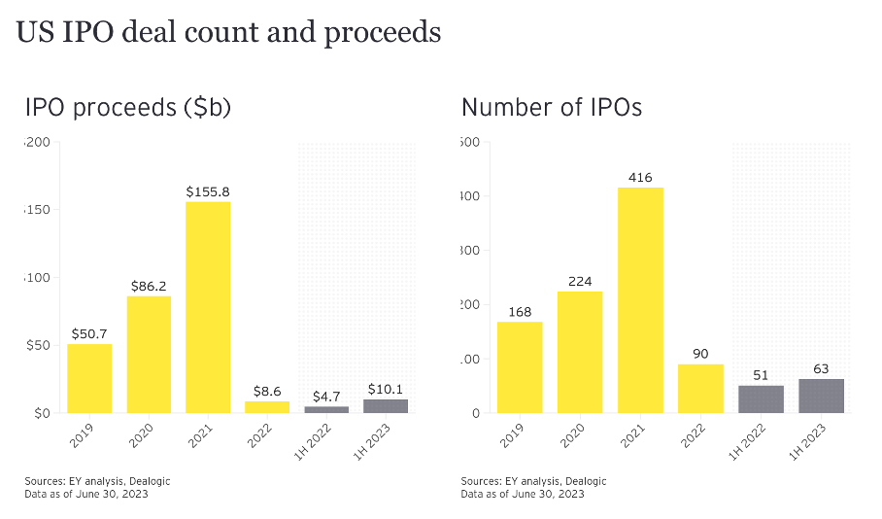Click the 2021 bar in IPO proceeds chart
208,307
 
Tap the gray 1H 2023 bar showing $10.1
386,406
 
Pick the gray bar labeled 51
761,399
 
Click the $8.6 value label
267,390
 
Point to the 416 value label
640,177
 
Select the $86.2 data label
149,286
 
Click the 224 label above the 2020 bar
580,281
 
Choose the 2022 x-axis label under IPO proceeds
259,436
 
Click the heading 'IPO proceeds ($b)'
127,108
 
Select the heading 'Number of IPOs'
552,108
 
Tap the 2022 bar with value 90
700,389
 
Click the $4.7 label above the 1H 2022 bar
326,397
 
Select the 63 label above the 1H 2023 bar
821,368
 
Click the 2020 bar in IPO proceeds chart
149,355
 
